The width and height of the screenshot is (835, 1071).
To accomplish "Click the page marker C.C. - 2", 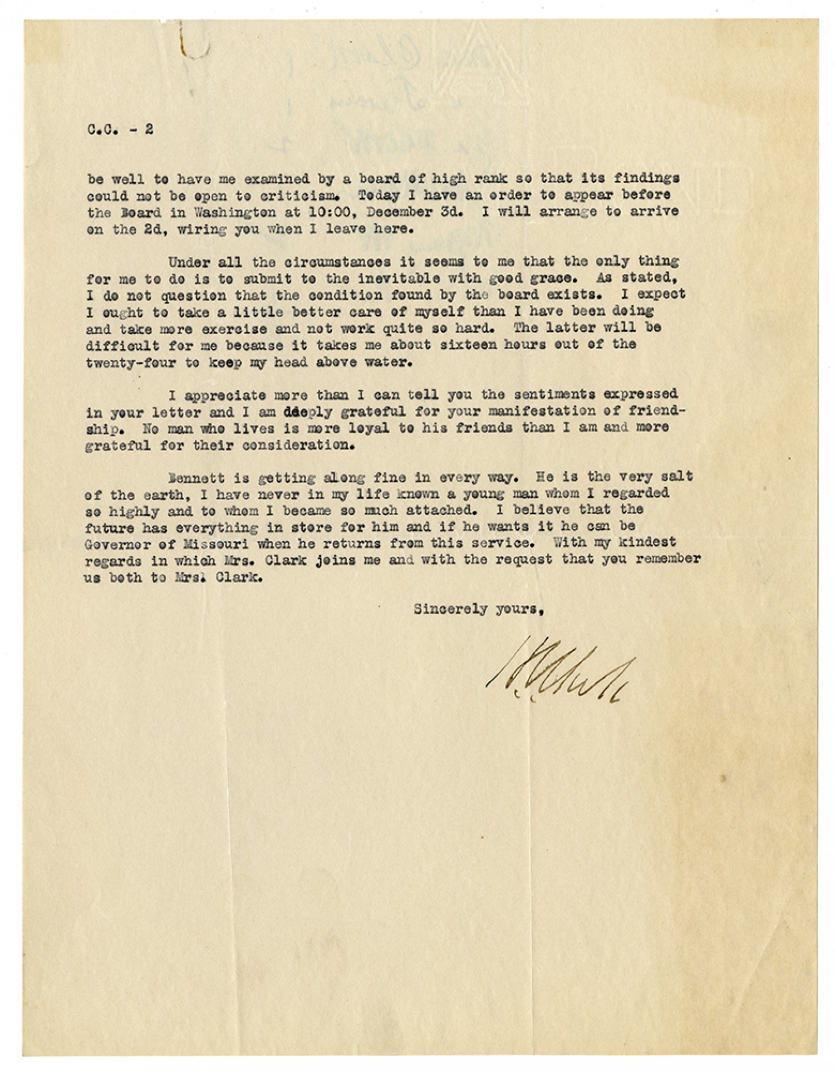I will [x=120, y=130].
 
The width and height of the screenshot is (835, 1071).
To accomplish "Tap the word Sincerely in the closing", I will [x=445, y=609].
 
